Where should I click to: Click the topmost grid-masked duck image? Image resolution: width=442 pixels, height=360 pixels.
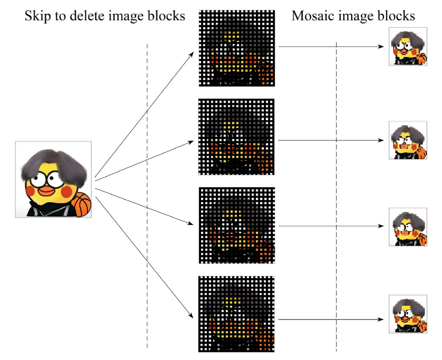pyautogui.click(x=236, y=48)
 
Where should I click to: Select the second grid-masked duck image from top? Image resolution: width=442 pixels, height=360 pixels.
pyautogui.click(x=236, y=137)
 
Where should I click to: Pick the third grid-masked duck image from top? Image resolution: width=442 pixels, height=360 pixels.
pyautogui.click(x=236, y=225)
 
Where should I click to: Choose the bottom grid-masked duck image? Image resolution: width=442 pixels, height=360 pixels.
pyautogui.click(x=236, y=314)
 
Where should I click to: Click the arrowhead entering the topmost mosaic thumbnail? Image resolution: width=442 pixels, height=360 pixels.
pyautogui.click(x=381, y=47)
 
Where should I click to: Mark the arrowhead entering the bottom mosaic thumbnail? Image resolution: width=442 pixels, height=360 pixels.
pyautogui.click(x=381, y=320)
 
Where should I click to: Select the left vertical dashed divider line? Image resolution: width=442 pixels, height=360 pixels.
pyautogui.click(x=147, y=197)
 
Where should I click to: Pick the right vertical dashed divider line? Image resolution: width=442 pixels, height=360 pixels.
pyautogui.click(x=336, y=197)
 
